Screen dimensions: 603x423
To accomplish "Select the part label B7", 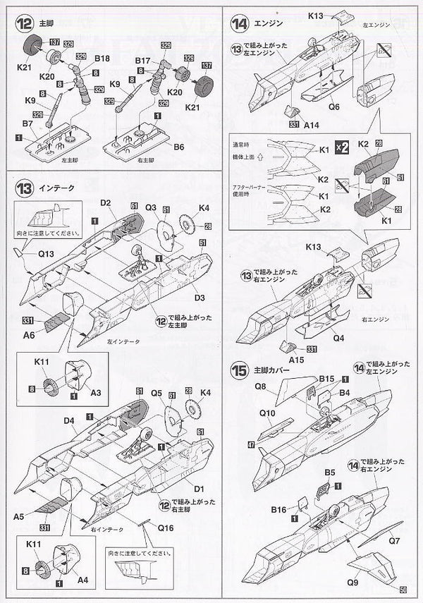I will [x=28, y=124].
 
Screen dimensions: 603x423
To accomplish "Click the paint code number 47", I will [x=252, y=446].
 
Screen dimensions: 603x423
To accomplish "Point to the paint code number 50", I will [x=403, y=590].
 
